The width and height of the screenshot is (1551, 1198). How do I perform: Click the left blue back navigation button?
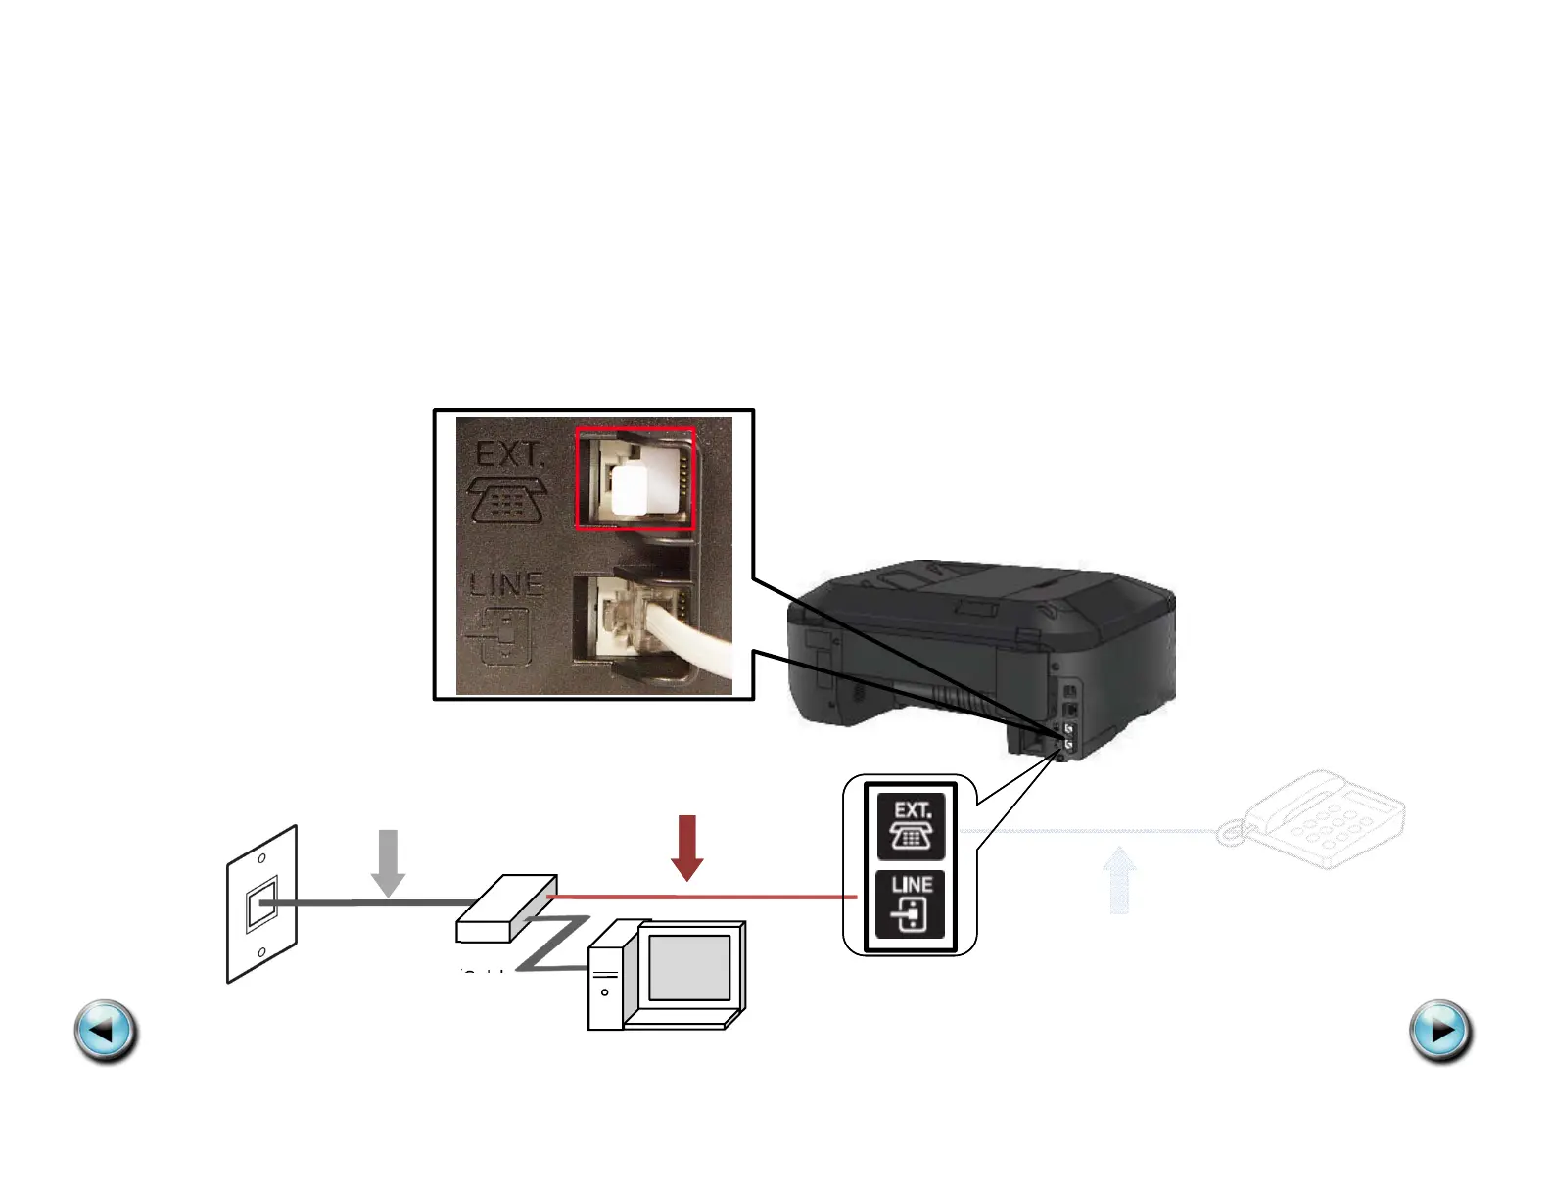(106, 1031)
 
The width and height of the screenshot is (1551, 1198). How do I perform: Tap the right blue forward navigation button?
(1440, 1031)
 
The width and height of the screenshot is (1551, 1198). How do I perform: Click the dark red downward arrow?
(687, 848)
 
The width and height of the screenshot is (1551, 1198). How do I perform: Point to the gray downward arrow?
(389, 862)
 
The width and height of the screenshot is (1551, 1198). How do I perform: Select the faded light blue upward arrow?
(1119, 880)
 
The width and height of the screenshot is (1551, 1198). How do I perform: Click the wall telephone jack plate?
(261, 904)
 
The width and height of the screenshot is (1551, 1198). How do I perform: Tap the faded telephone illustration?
(1317, 819)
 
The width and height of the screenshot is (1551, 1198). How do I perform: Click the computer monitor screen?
(689, 967)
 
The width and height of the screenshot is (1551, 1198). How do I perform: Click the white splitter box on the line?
(507, 908)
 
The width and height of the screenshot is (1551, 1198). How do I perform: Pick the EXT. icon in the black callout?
(911, 826)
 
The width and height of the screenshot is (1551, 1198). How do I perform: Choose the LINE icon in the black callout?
(911, 903)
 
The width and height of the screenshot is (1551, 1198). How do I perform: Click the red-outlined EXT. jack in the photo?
(634, 479)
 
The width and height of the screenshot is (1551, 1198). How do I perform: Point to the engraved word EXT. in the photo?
(509, 455)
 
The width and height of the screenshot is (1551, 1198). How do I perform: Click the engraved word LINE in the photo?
(506, 585)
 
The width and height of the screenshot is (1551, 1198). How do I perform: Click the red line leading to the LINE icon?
(705, 896)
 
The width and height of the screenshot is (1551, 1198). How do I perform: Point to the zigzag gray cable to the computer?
(553, 942)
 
